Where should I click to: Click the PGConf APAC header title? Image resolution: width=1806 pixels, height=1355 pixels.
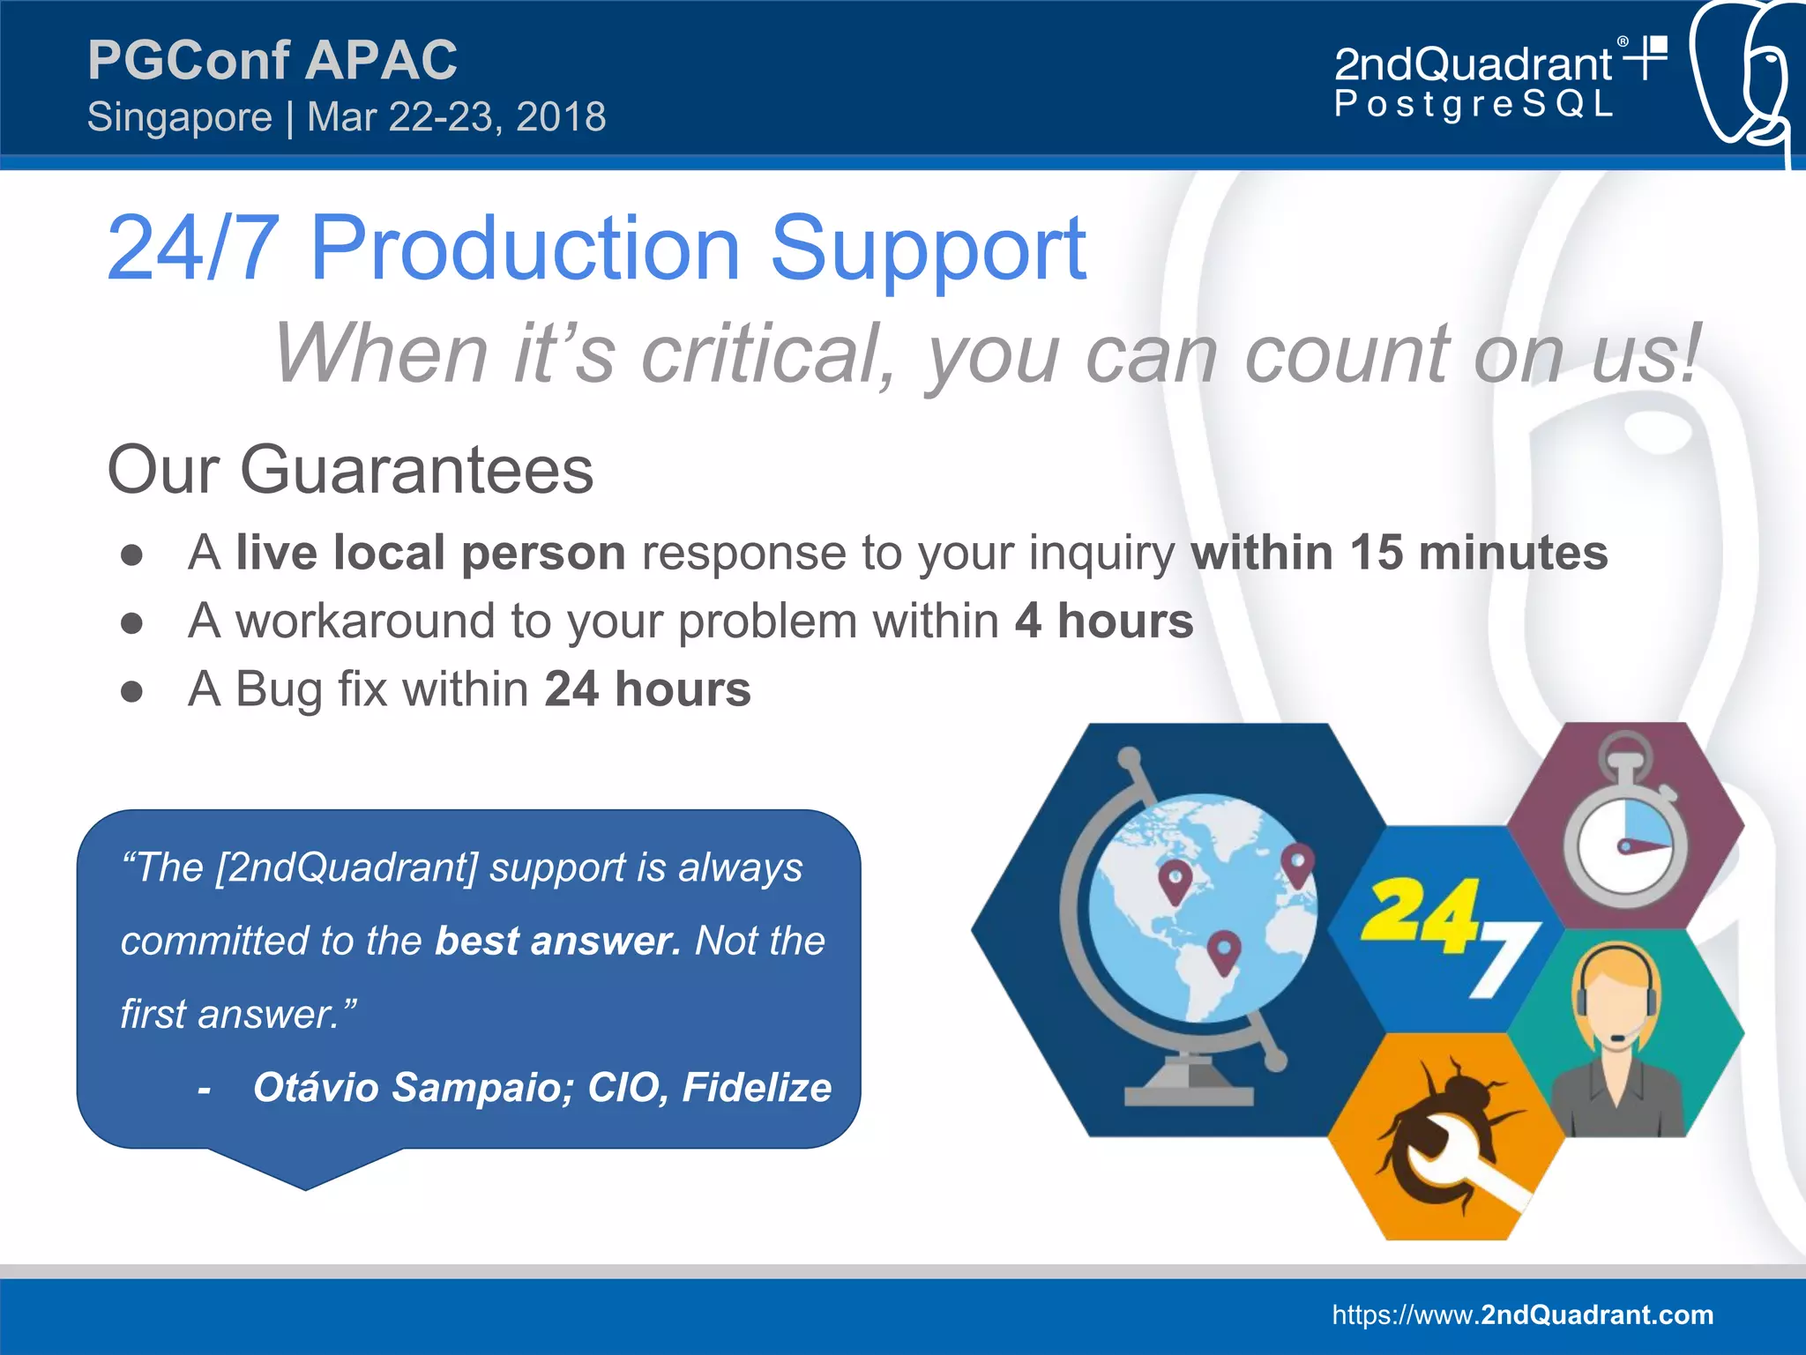pyautogui.click(x=272, y=60)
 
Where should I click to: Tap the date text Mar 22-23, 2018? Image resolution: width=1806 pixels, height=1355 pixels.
pyautogui.click(x=456, y=117)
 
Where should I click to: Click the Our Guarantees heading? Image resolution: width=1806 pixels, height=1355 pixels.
pyautogui.click(x=350, y=470)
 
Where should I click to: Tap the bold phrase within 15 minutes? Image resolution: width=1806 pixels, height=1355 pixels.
pyautogui.click(x=1399, y=553)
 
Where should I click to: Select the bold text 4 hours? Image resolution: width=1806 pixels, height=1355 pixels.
pyautogui.click(x=1103, y=621)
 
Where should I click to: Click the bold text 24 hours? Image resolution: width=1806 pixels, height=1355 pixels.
pyautogui.click(x=647, y=689)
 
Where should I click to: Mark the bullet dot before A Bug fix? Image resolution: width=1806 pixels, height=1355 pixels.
pyautogui.click(x=132, y=691)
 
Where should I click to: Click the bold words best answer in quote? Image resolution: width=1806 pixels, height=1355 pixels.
pyautogui.click(x=557, y=941)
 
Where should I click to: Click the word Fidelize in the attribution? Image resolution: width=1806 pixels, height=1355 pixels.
pyautogui.click(x=757, y=1087)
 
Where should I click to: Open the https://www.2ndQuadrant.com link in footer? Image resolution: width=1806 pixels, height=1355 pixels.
pyautogui.click(x=1522, y=1314)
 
